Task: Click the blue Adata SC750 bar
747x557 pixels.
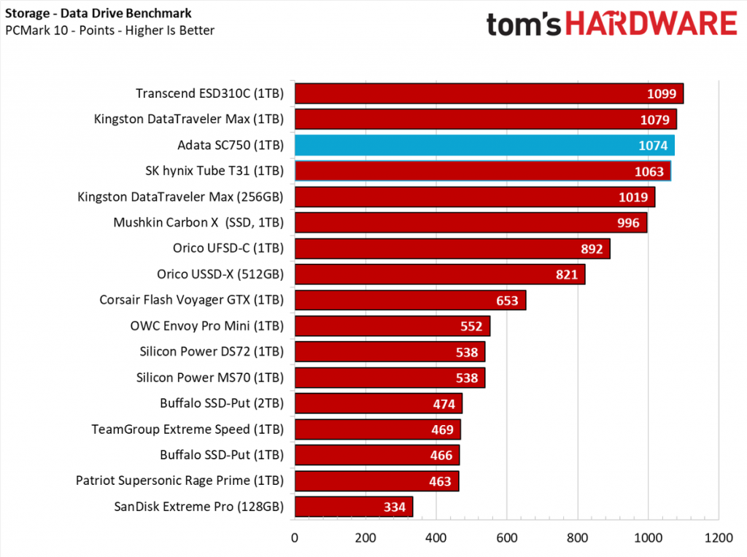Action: (484, 145)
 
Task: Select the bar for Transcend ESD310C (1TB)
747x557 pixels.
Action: (488, 93)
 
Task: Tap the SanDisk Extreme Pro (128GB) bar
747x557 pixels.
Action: (353, 507)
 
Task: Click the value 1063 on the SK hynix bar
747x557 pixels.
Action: (649, 171)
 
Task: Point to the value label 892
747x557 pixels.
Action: (592, 249)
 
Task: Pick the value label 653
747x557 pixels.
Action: (507, 300)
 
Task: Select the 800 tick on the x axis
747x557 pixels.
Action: (578, 538)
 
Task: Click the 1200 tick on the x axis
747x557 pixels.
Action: (719, 538)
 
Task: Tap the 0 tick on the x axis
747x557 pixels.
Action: (294, 538)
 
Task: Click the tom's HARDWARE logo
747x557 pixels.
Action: (612, 25)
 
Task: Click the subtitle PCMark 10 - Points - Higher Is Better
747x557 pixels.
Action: (109, 30)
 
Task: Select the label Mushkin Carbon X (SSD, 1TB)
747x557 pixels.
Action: (198, 222)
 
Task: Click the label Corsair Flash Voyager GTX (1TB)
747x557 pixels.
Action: (191, 300)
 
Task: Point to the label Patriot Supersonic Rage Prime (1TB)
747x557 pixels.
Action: (179, 480)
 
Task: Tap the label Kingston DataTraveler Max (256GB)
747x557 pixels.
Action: (181, 197)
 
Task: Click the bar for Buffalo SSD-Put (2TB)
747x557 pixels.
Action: (378, 403)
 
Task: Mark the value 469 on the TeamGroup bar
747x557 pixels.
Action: (442, 429)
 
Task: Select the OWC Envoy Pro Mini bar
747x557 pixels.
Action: (392, 326)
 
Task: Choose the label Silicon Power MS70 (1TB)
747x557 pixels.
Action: (210, 378)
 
